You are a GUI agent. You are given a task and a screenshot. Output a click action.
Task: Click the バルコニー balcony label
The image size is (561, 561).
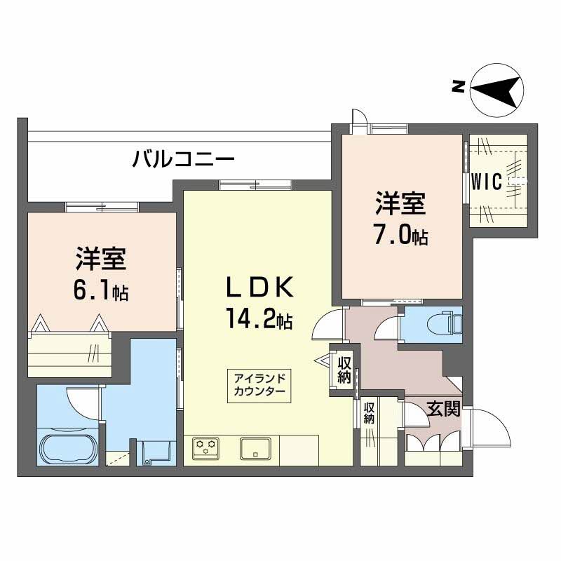(x=183, y=158)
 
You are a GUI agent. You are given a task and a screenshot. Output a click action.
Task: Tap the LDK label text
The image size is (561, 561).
(x=260, y=287)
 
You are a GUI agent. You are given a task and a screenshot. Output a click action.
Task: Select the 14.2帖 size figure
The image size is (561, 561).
(x=259, y=318)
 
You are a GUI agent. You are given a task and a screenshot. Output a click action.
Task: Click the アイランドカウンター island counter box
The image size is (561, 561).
(x=259, y=386)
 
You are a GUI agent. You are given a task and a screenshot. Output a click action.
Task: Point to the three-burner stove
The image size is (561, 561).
(x=205, y=447)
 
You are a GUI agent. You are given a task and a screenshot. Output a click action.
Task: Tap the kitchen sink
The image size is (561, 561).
(x=255, y=448)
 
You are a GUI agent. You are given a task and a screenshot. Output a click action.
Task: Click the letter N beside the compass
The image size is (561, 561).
(x=458, y=86)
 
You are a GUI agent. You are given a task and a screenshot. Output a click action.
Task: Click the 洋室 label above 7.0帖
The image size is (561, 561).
(x=400, y=203)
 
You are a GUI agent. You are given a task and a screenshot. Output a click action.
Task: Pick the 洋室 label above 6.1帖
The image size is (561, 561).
(x=100, y=259)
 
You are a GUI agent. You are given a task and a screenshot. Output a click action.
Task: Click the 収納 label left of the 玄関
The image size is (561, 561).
(x=369, y=413)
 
